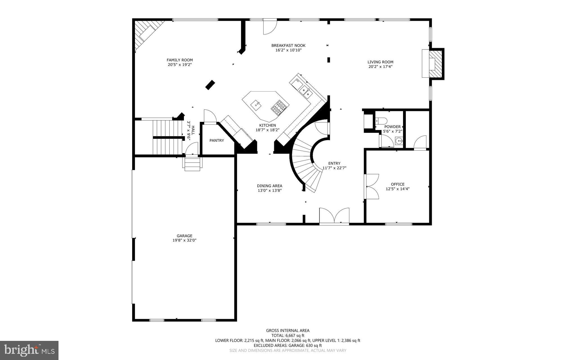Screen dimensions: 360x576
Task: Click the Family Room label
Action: click(x=179, y=60)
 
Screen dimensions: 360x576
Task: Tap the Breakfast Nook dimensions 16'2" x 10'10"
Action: click(x=288, y=50)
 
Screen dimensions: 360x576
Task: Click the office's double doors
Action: click(x=371, y=186)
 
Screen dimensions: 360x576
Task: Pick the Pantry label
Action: click(x=217, y=140)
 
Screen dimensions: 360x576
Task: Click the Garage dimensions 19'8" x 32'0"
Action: click(x=184, y=240)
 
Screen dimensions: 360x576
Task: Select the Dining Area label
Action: click(x=269, y=186)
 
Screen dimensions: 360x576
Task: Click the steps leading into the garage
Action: click(x=193, y=164)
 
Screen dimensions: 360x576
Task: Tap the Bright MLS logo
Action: click(x=29, y=350)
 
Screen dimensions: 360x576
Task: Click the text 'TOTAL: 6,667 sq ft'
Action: click(x=288, y=336)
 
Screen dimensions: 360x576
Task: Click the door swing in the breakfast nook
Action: click(x=269, y=27)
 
